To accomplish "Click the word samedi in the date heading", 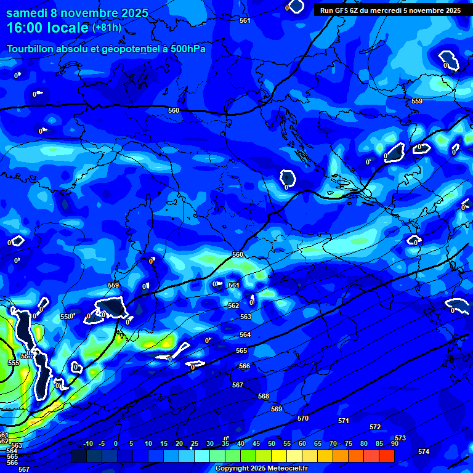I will click(30, 12).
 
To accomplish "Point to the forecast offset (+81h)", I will click(107, 28).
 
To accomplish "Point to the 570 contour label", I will click(303, 418).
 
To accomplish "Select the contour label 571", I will click(344, 421).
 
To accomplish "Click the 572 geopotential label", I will click(375, 427).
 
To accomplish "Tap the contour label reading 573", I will click(400, 438).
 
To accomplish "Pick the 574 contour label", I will click(424, 451).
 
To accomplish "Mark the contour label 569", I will click(277, 409).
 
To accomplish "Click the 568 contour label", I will click(264, 396).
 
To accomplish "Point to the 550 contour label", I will click(66, 317).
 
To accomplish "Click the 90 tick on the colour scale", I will click(394, 443).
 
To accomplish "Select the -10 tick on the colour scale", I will click(87, 443).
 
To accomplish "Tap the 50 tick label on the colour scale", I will click(272, 443).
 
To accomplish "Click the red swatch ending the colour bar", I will click(386, 456).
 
